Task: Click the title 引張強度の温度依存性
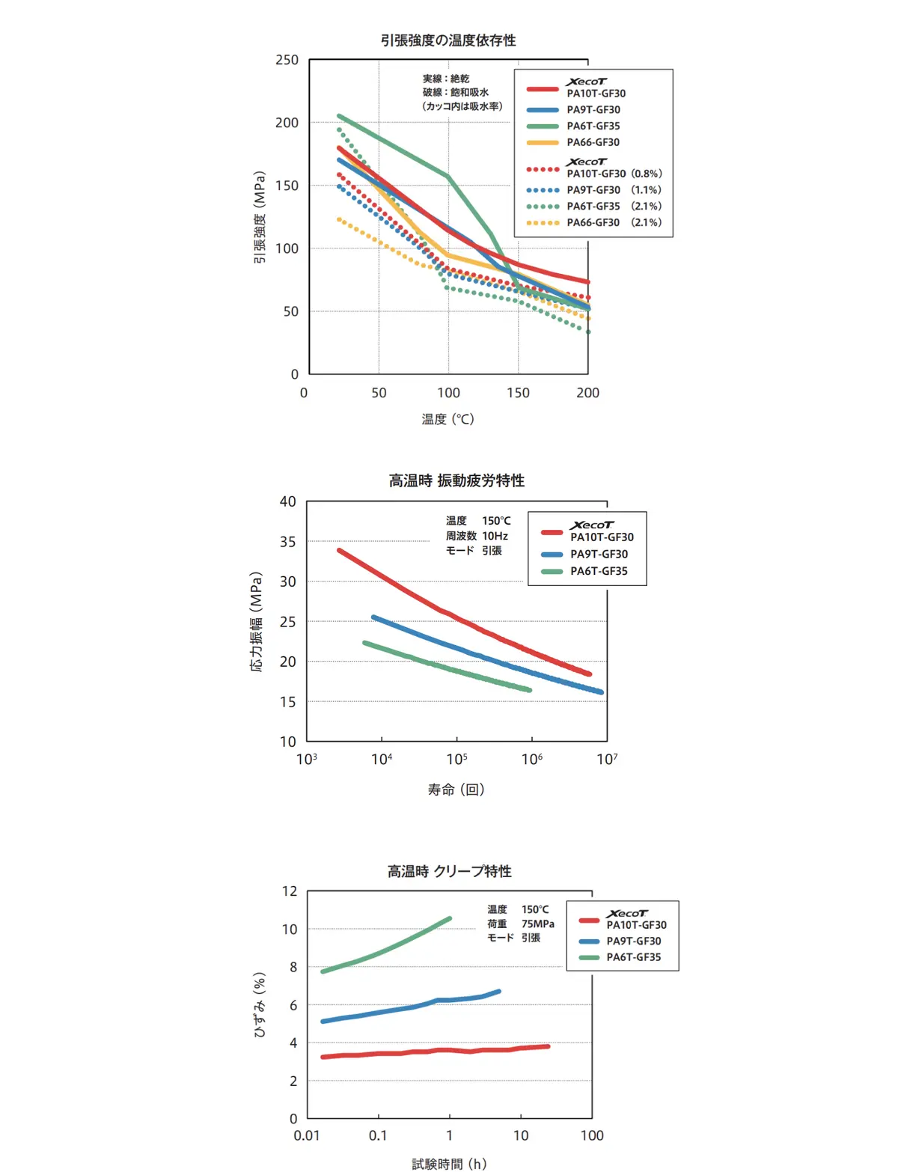tap(448, 40)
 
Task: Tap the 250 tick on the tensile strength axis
tap(287, 60)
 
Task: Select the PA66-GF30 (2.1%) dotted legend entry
tap(614, 222)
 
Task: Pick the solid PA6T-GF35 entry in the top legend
tap(593, 126)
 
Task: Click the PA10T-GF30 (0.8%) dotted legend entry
tap(614, 174)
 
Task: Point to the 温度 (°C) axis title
tap(448, 419)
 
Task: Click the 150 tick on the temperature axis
tap(518, 393)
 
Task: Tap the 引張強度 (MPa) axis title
tap(260, 218)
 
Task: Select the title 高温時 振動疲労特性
tap(456, 480)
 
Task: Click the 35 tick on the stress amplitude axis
tap(287, 542)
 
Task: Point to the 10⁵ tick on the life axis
tap(456, 760)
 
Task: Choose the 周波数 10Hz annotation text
tap(477, 536)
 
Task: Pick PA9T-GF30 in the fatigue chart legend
tap(599, 554)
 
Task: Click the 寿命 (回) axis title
tap(456, 790)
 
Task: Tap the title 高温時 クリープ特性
tap(449, 871)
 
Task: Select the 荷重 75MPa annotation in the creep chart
tap(521, 924)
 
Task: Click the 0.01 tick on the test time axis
tap(307, 1135)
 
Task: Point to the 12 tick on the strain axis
tap(290, 891)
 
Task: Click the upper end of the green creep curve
tap(449, 918)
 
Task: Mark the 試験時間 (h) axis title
tap(449, 1164)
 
